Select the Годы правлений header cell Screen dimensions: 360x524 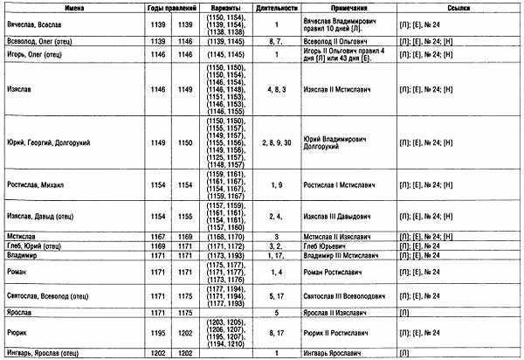coord(168,6)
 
